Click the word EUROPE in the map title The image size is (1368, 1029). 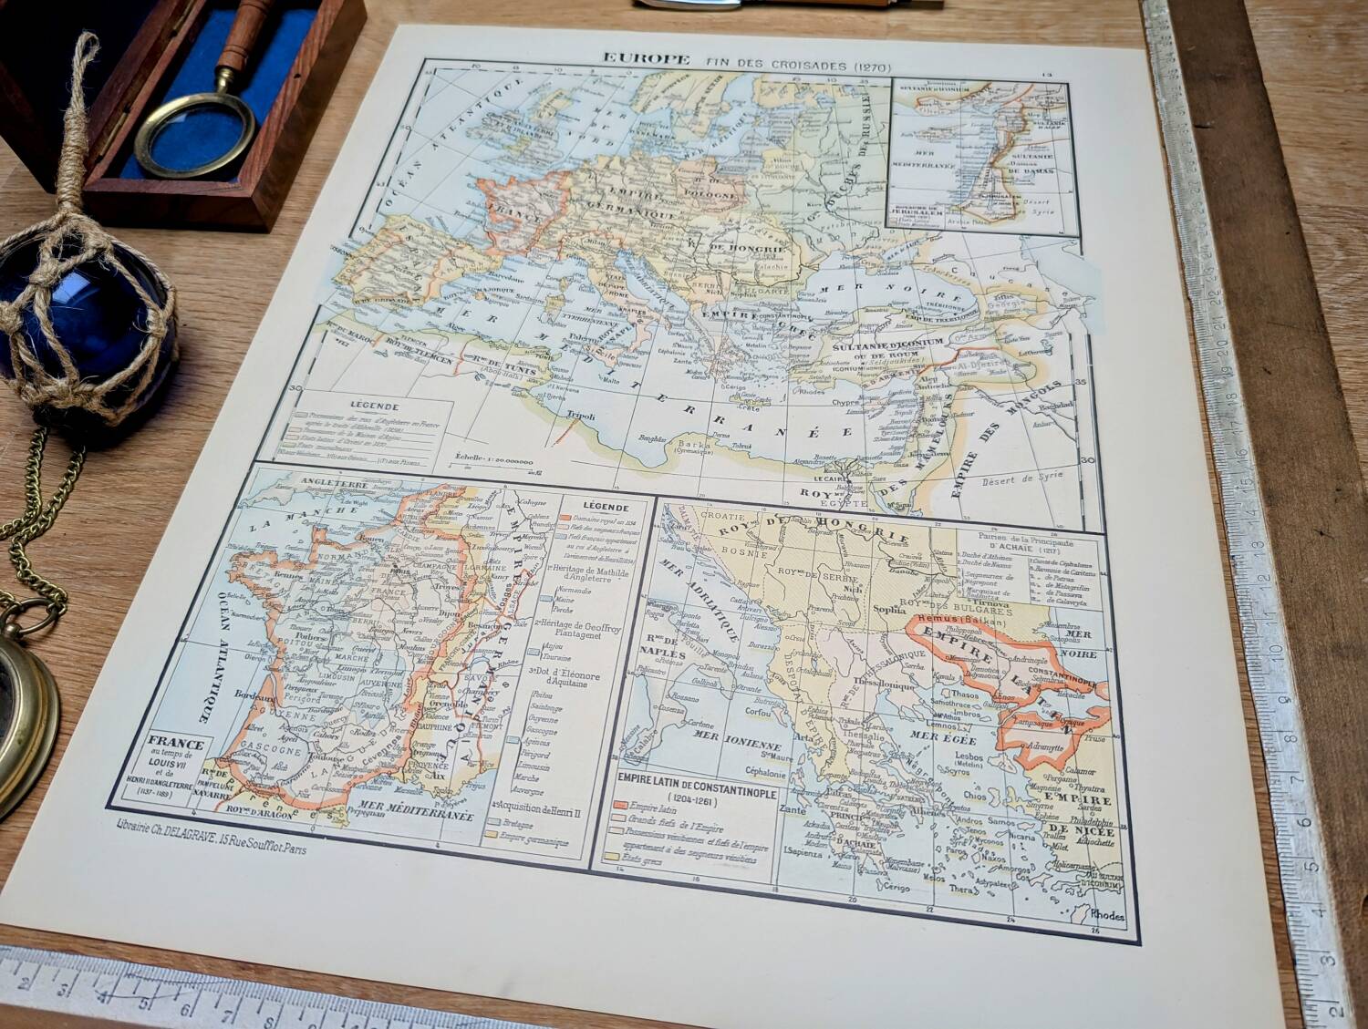click(x=646, y=58)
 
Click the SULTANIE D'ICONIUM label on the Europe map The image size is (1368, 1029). click(x=878, y=345)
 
